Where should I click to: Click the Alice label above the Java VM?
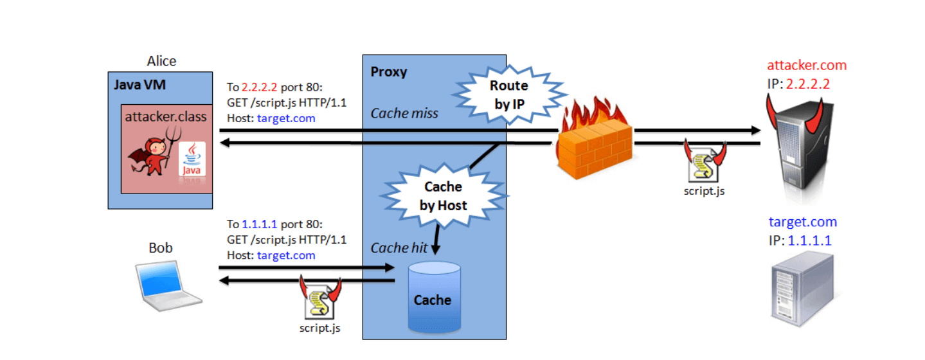[x=161, y=61]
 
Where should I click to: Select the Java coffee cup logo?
[x=192, y=158]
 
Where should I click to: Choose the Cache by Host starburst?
[x=443, y=195]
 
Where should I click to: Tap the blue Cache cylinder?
[x=435, y=298]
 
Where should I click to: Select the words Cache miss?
[x=404, y=114]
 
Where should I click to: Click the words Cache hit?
[x=399, y=248]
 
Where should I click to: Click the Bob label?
[x=161, y=248]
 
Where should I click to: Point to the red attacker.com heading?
[x=807, y=66]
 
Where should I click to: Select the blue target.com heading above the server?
[x=803, y=222]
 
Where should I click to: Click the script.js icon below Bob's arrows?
[x=320, y=300]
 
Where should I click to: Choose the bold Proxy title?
[x=389, y=71]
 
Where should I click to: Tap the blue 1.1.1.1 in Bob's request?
[x=260, y=224]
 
